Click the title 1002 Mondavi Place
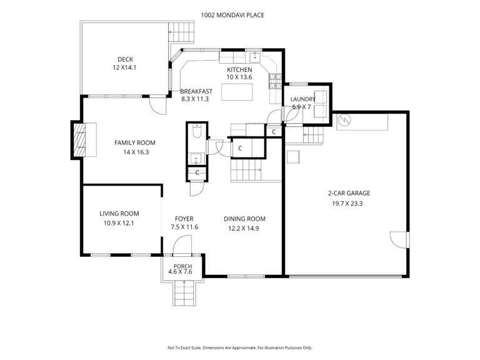[x=232, y=15]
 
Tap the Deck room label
[x=125, y=59]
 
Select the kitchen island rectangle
[x=237, y=92]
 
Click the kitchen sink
[x=255, y=57]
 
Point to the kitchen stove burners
[x=275, y=81]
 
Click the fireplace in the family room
[x=79, y=140]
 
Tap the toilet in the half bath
[x=196, y=131]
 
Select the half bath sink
[x=196, y=159]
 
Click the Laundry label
[x=302, y=99]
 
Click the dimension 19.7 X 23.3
[x=347, y=204]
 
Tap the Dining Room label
[x=244, y=219]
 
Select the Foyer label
[x=184, y=219]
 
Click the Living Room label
[x=119, y=214]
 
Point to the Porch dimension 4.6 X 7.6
[x=180, y=271]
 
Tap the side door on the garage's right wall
[x=399, y=240]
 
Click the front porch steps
[x=184, y=293]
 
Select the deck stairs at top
[x=181, y=32]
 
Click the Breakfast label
[x=196, y=91]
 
